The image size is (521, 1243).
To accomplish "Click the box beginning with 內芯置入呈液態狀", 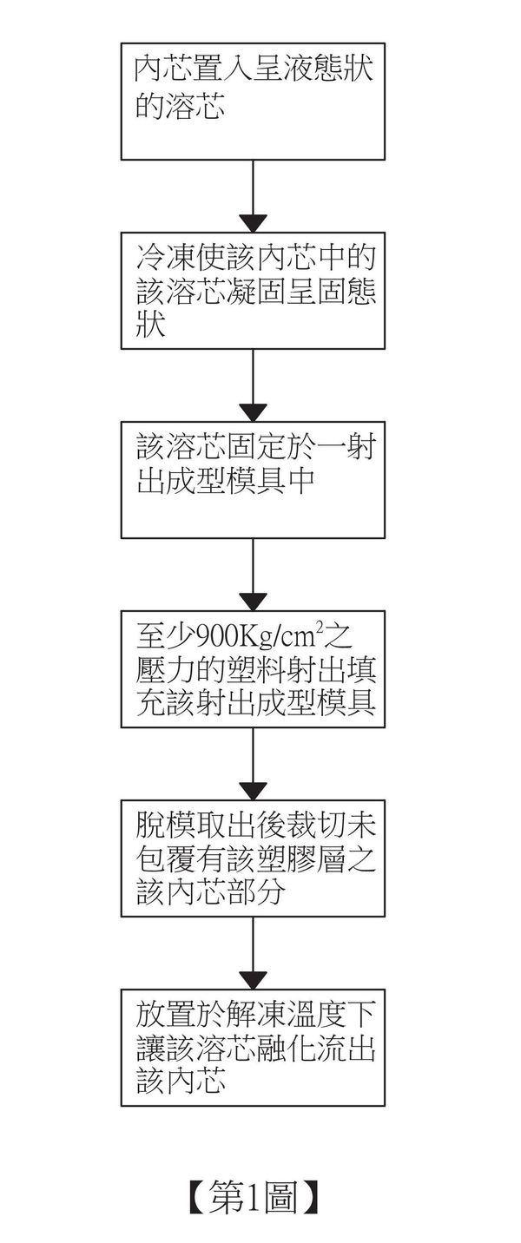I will pos(253,102).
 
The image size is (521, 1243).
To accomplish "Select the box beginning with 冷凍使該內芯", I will pos(253,291).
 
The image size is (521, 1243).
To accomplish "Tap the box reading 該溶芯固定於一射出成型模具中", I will pos(253,479).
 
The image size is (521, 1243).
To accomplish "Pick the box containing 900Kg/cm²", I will pos(253,668).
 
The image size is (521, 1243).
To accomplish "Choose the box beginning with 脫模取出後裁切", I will pos(253,858).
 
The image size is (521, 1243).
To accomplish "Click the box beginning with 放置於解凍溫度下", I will pos(253,1047).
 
